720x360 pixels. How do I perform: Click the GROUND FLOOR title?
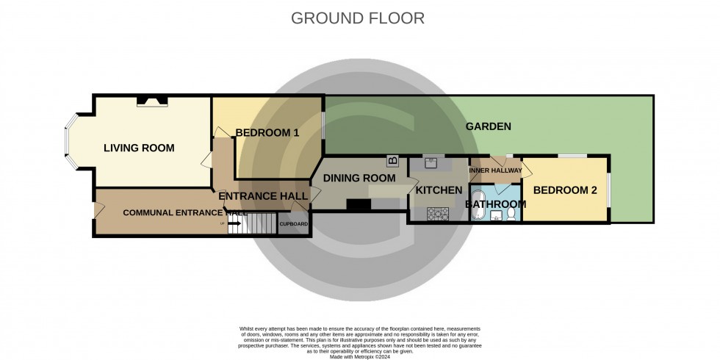click(358, 18)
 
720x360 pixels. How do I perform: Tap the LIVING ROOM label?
click(139, 148)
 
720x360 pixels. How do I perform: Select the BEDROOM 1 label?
click(267, 133)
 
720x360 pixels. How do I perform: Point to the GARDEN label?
click(488, 126)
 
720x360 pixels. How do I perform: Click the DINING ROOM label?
click(359, 178)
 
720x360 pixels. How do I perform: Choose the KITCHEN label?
click(439, 190)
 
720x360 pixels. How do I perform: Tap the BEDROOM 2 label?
click(564, 190)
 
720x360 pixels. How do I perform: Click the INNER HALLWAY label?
click(495, 171)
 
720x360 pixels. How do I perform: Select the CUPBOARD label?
click(294, 223)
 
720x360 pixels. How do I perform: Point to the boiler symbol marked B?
click(393, 160)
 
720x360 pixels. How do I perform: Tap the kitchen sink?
click(431, 162)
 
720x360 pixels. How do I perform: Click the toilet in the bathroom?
click(511, 215)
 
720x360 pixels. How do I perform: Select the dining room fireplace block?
click(359, 206)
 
